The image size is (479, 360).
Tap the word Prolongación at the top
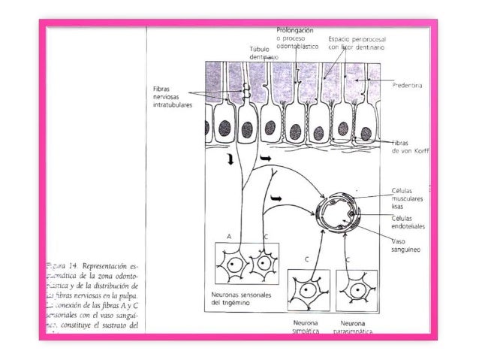(299, 30)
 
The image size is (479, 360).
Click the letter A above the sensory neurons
(228, 236)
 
